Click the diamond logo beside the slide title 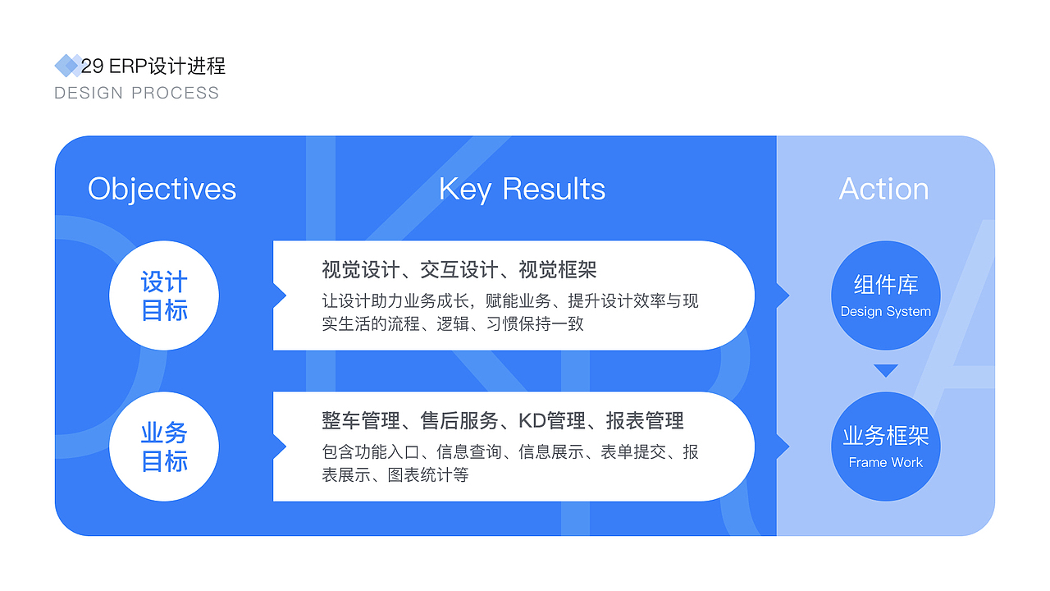tap(68, 66)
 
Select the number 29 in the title tap(93, 66)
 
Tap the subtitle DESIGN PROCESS tap(136, 93)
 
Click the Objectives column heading tap(162, 190)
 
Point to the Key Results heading tap(522, 190)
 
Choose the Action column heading tap(883, 189)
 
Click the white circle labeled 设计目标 tap(164, 295)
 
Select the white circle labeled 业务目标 tap(164, 447)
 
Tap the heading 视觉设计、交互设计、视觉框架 tap(459, 270)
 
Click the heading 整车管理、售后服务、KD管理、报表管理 tap(503, 421)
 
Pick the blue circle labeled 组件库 tap(885, 295)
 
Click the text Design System tap(885, 311)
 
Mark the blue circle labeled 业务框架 tap(885, 447)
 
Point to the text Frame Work tap(885, 462)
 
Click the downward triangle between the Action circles tap(885, 370)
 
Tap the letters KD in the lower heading tap(532, 421)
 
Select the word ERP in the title tap(128, 66)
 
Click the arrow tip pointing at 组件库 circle tap(789, 295)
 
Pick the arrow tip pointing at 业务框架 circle tap(789, 447)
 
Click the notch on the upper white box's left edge tap(285, 295)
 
